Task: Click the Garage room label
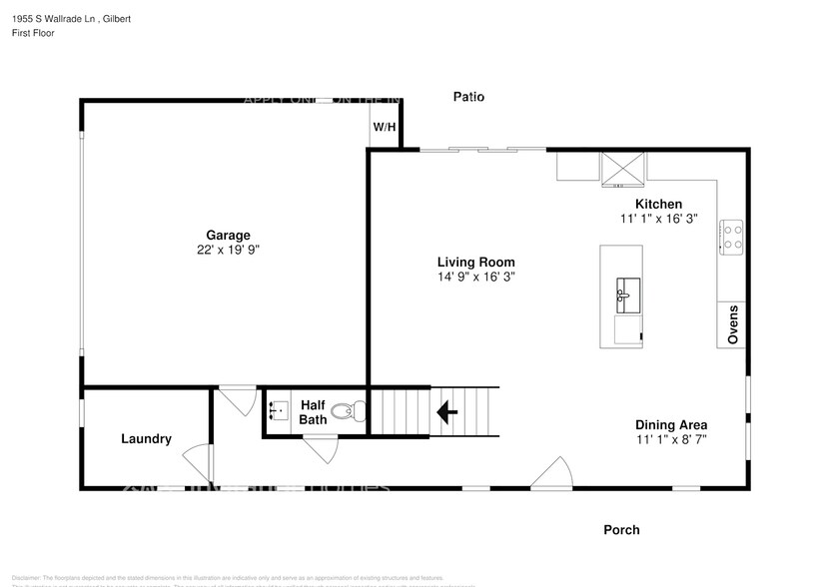[x=228, y=236]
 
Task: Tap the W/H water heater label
[x=385, y=128]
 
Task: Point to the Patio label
[x=468, y=97]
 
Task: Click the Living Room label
[x=475, y=262]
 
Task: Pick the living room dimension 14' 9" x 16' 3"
[x=475, y=277]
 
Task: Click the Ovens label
[x=732, y=324]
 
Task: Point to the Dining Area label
[x=671, y=424]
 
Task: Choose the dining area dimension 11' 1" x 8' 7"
[x=671, y=439]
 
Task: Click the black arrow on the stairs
[x=446, y=410]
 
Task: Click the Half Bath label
[x=313, y=412]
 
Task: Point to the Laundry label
[x=146, y=438]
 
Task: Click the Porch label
[x=621, y=529]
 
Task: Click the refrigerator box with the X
[x=622, y=168]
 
